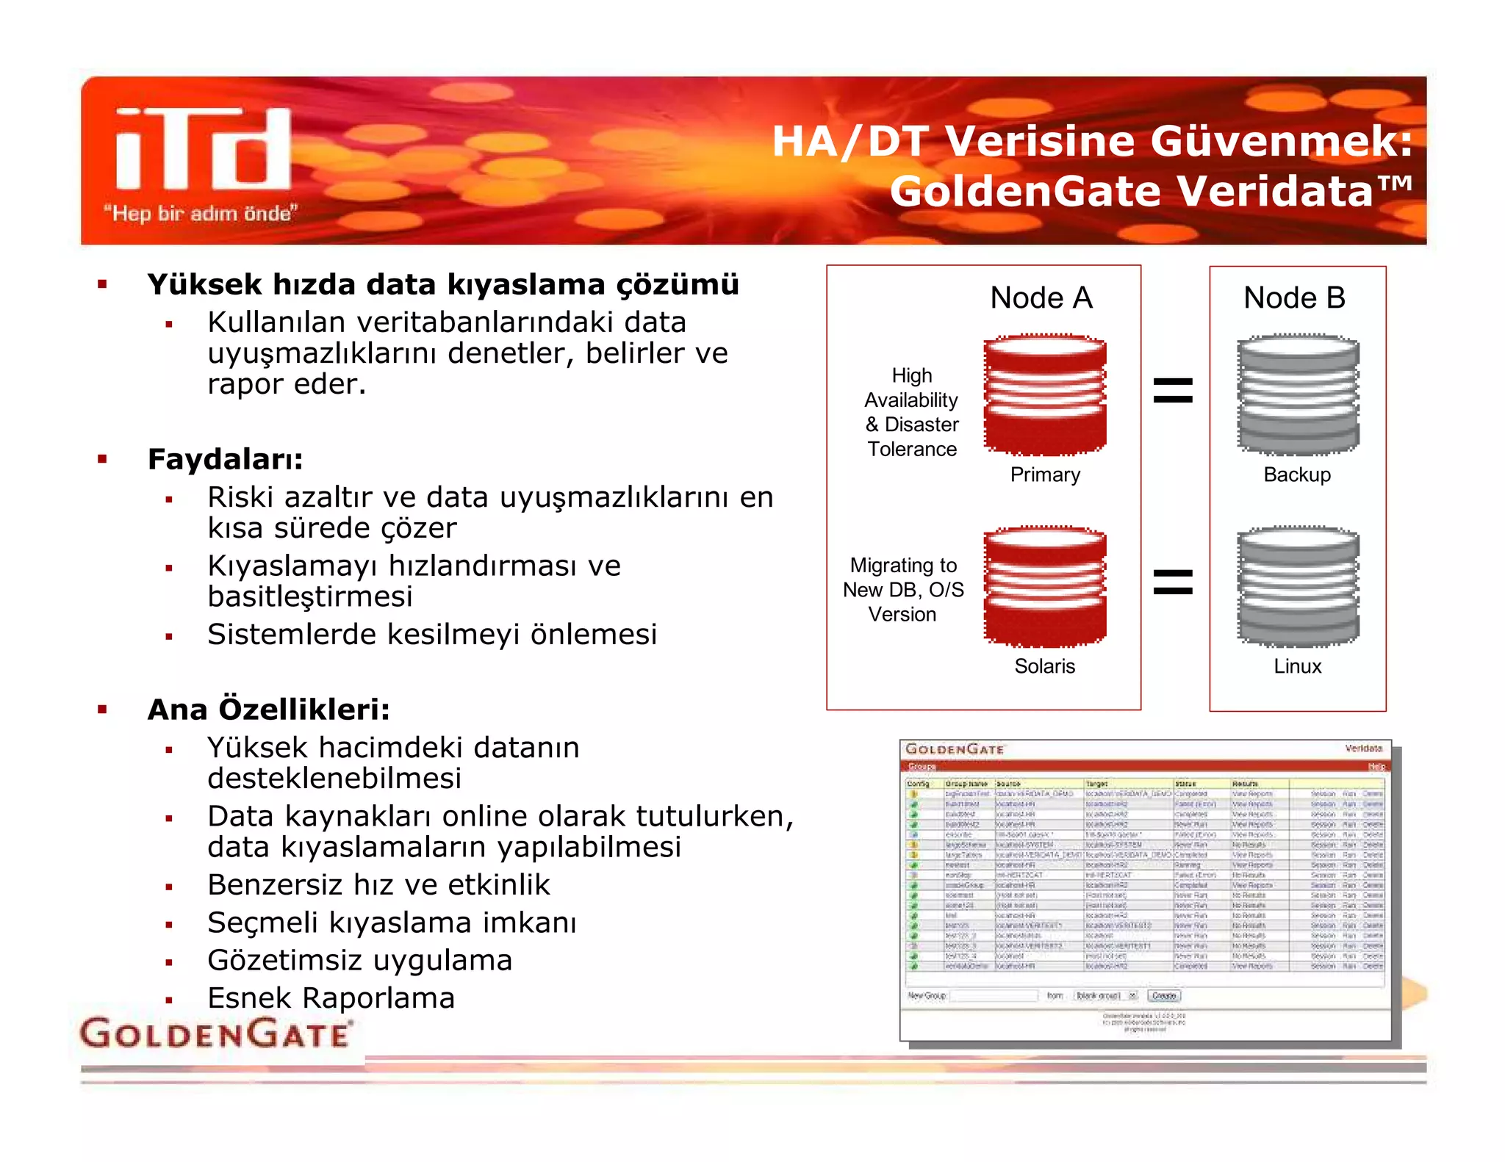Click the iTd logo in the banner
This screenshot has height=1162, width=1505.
pyautogui.click(x=204, y=150)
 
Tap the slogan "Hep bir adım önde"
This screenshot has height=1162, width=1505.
pyautogui.click(x=201, y=214)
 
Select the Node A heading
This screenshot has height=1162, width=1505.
pyautogui.click(x=1041, y=298)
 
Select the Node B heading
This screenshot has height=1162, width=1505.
pyautogui.click(x=1294, y=298)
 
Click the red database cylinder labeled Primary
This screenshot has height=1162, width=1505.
pyautogui.click(x=1044, y=395)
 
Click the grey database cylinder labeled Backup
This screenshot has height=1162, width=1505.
pyautogui.click(x=1298, y=395)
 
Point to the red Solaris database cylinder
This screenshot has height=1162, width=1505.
pyautogui.click(x=1044, y=586)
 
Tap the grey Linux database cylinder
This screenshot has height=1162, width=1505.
pyautogui.click(x=1298, y=586)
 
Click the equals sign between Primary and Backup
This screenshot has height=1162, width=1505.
pyautogui.click(x=1173, y=391)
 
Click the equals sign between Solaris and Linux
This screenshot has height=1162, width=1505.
pyautogui.click(x=1173, y=582)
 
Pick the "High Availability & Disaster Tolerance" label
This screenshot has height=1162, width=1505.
pyautogui.click(x=912, y=412)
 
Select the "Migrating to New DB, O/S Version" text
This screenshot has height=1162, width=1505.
pyautogui.click(x=903, y=590)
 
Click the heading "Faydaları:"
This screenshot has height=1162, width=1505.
pyautogui.click(x=226, y=460)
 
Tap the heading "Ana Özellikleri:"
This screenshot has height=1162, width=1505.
pyautogui.click(x=269, y=710)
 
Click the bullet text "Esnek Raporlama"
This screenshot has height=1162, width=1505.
pyautogui.click(x=331, y=998)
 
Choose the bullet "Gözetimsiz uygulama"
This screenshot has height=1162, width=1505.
pyautogui.click(x=359, y=961)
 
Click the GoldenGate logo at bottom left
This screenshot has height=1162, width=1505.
pyautogui.click(x=215, y=1033)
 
